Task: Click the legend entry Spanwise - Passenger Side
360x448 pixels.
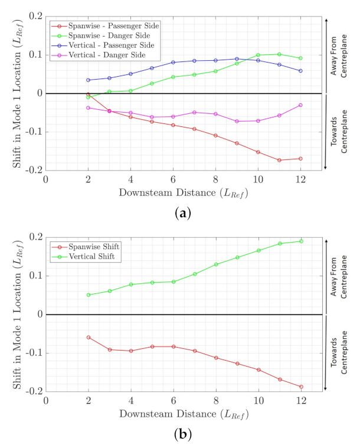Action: tap(112, 27)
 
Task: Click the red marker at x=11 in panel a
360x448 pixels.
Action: tap(279, 160)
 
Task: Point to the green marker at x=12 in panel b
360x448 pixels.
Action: tap(300, 241)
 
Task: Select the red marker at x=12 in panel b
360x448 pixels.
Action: tap(300, 387)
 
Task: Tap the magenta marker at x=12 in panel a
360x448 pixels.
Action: tap(300, 105)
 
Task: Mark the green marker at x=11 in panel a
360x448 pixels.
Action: tap(279, 54)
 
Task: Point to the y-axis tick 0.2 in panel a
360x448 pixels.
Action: tap(35, 16)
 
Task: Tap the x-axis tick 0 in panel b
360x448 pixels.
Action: tap(46, 400)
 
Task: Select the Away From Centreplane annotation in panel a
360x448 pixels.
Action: tap(341, 55)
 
